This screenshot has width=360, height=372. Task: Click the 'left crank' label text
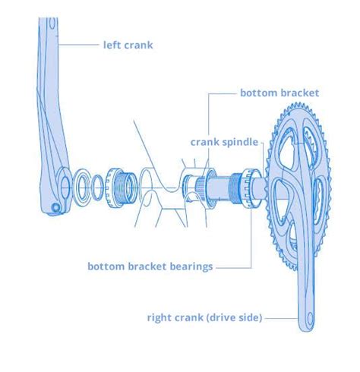128,45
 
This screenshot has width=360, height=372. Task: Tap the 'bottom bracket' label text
279,93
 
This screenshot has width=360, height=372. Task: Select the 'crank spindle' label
224,142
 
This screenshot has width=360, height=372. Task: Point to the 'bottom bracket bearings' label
150,266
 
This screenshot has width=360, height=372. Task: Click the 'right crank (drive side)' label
204,317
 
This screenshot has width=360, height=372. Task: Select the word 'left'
111,45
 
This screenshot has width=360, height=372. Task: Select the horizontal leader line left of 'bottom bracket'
220,93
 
